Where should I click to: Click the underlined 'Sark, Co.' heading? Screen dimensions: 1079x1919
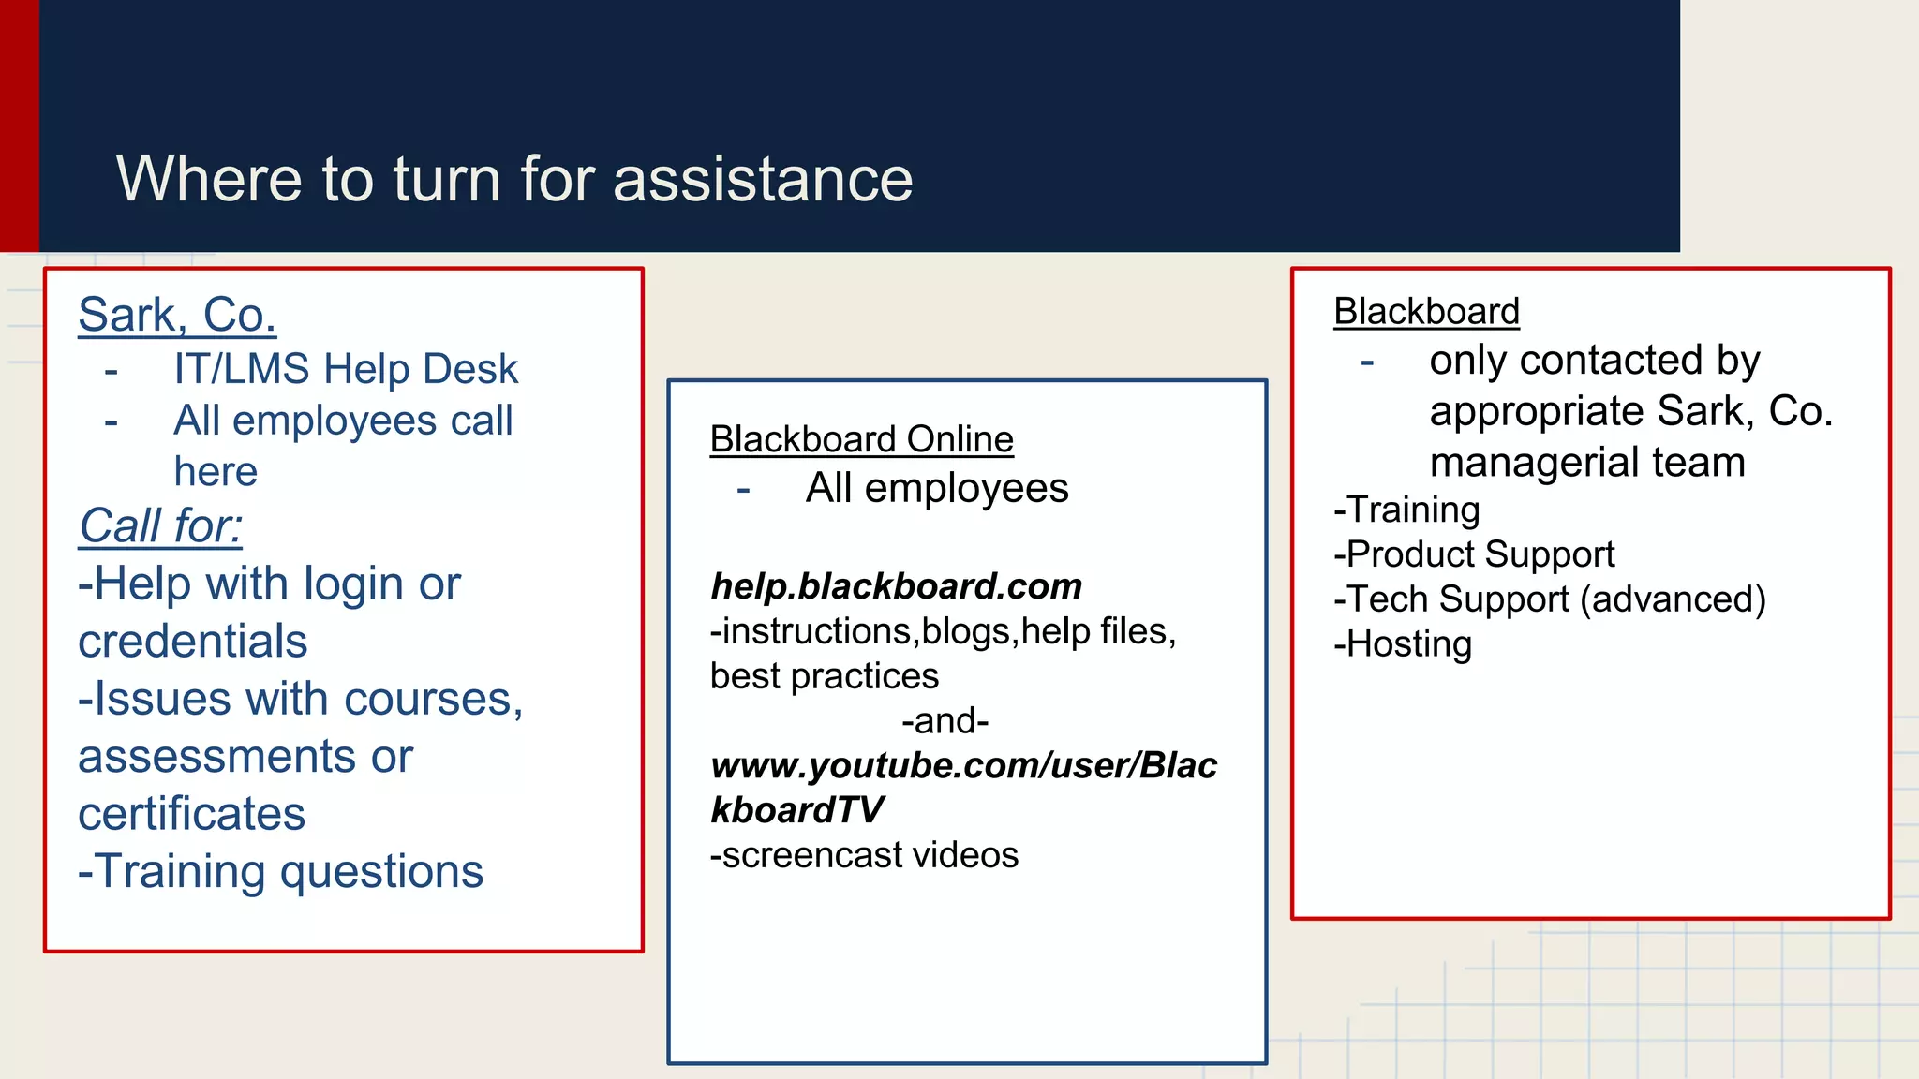click(177, 315)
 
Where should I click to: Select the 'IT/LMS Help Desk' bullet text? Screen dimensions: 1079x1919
click(345, 369)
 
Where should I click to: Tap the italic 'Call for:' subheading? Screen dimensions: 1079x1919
click(160, 525)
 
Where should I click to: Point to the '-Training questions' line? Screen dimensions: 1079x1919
click(280, 871)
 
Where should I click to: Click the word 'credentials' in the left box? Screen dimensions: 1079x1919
click(192, 642)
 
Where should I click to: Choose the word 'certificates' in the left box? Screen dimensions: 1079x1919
click(191, 814)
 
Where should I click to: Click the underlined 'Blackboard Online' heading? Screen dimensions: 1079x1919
click(861, 439)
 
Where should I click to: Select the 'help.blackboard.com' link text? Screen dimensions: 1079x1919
click(896, 586)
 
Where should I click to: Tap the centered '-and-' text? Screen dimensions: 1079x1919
click(945, 721)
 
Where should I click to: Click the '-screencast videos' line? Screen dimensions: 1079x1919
click(864, 855)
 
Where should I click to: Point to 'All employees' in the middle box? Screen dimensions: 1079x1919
click(936, 488)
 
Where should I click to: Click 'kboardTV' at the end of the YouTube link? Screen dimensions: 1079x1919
click(796, 810)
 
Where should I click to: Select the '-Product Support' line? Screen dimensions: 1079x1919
click(1474, 554)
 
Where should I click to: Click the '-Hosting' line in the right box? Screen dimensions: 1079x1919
click(1403, 644)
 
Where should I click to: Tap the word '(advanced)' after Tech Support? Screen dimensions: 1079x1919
click(1673, 599)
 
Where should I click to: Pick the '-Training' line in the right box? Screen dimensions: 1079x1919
click(1406, 510)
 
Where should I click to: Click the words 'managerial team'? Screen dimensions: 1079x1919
click(1587, 463)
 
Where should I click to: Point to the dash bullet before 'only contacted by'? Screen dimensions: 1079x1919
click(1367, 361)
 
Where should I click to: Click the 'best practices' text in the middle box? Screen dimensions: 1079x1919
click(824, 676)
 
